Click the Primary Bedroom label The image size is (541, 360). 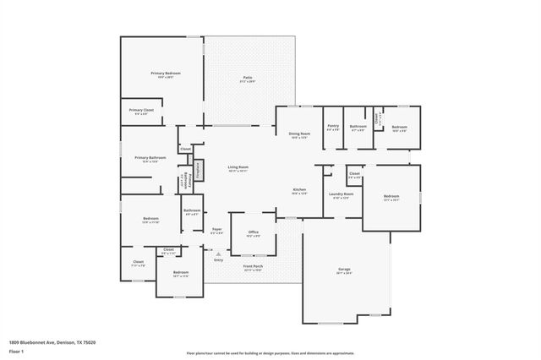pos(166,74)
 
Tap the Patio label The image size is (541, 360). pos(247,79)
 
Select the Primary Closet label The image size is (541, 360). pos(141,112)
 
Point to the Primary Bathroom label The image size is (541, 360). pos(150,159)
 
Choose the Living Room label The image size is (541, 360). pos(238,168)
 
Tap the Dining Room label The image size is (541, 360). pos(300,134)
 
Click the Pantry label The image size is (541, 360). pos(333,128)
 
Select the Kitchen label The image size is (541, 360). pos(299,190)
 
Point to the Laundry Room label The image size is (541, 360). pos(340,195)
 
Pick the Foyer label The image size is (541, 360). pos(217,230)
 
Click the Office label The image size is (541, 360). pos(253,232)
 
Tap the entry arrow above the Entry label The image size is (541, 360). pos(218,252)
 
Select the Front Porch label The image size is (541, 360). pos(254,267)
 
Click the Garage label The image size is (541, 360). pos(344,270)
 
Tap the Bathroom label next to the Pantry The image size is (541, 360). pos(358,128)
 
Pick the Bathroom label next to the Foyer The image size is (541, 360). pos(192,211)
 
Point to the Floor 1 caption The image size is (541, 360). pos(16,352)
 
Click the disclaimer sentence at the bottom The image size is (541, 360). pos(270,352)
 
